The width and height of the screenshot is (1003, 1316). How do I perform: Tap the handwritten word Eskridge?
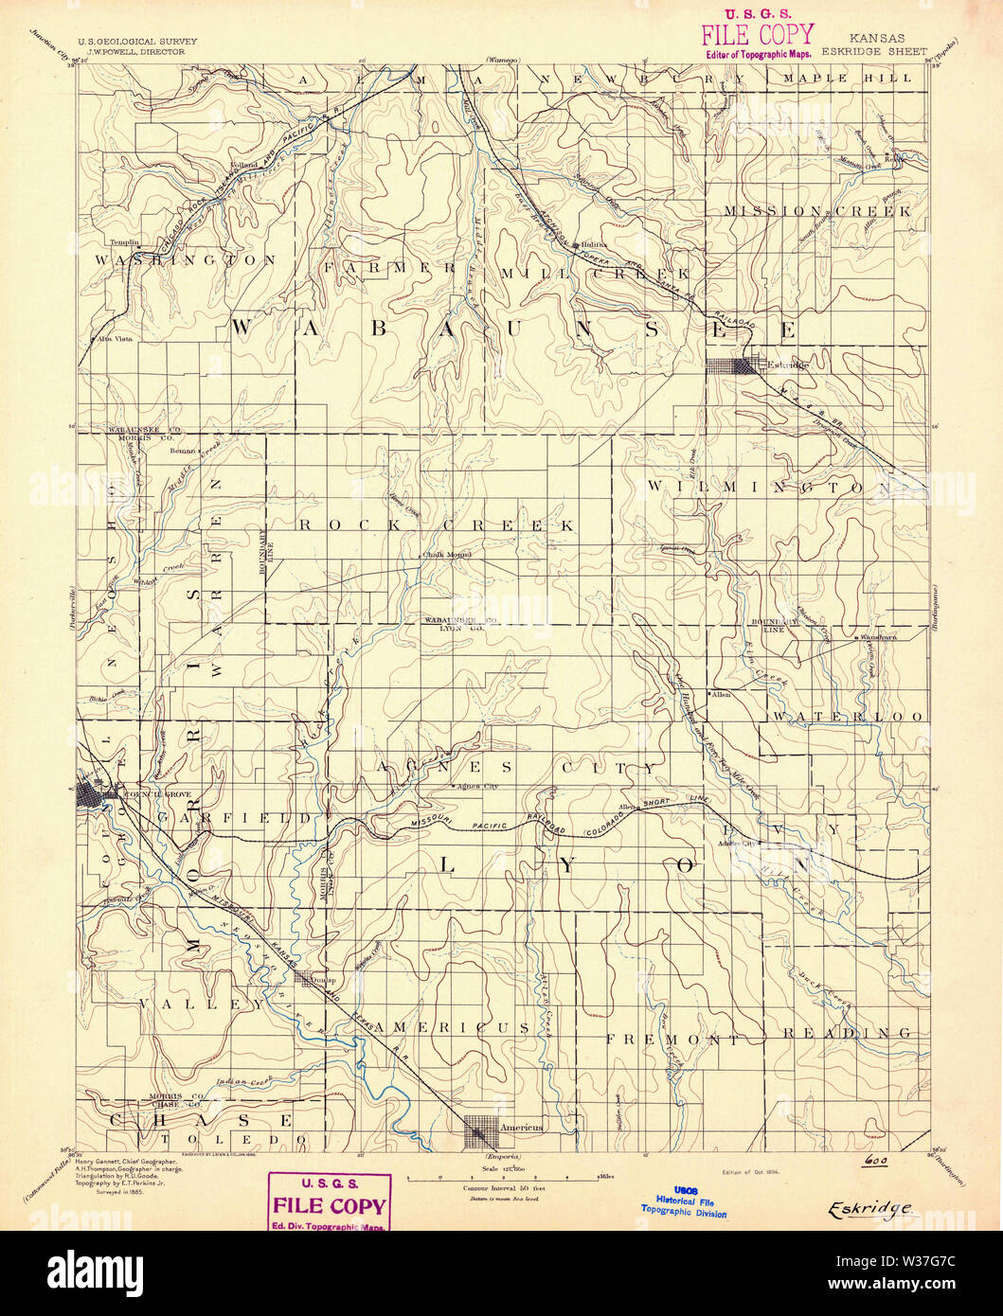click(870, 1208)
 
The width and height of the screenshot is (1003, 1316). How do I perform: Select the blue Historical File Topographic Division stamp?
click(685, 1200)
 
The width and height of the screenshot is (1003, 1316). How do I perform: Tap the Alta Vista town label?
click(112, 338)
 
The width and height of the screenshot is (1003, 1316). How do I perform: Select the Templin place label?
click(124, 241)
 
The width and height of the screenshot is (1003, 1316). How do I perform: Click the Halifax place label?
click(595, 242)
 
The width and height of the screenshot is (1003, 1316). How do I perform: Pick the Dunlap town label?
click(316, 981)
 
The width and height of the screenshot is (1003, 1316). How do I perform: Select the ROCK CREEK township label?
click(437, 525)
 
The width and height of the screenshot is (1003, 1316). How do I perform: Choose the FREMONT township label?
click(672, 1039)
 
